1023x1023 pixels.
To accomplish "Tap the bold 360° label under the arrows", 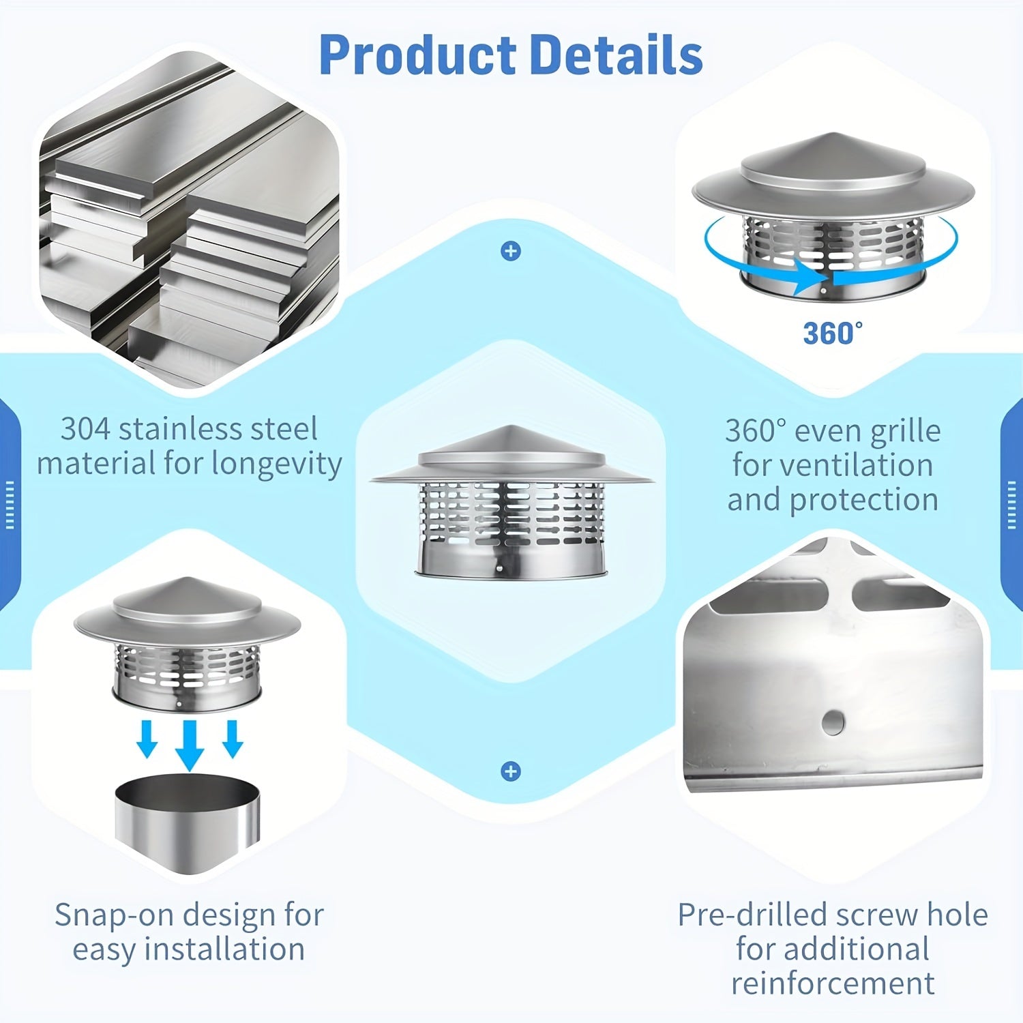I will pyautogui.click(x=832, y=333).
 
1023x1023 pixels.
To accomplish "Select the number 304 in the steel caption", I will pyautogui.click(x=85, y=429).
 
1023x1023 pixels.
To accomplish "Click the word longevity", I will pyautogui.click(x=277, y=464).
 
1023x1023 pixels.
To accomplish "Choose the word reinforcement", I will pyautogui.click(x=833, y=983).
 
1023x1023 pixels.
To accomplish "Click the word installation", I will pyautogui.click(x=225, y=949).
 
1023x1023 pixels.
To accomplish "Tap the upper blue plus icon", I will pyautogui.click(x=511, y=251).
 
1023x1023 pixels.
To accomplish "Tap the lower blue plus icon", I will pyautogui.click(x=511, y=771).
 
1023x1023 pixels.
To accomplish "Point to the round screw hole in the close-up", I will pyautogui.click(x=832, y=722).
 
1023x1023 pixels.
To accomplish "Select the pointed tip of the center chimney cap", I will pyautogui.click(x=511, y=428).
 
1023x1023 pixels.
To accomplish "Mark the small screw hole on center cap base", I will pyautogui.click(x=499, y=567).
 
